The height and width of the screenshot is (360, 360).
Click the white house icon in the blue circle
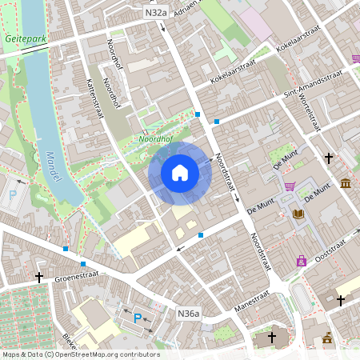click(180, 173)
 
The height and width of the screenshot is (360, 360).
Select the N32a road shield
click(156, 13)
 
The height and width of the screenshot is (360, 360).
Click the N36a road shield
click(189, 314)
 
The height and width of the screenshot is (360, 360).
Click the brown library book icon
click(298, 214)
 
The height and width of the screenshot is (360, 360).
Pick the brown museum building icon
click(345, 184)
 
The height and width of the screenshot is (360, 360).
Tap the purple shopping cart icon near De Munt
click(289, 186)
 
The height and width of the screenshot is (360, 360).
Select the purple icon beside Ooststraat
click(302, 260)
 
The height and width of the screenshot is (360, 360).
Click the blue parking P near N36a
click(138, 318)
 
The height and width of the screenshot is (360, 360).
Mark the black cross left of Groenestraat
click(38, 277)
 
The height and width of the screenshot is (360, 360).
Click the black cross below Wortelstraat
click(328, 158)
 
